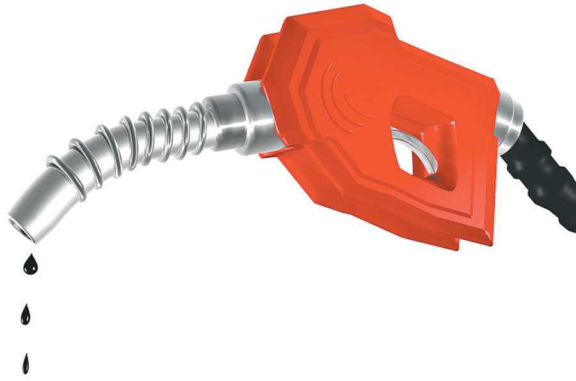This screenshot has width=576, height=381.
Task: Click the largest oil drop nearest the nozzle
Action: coord(29,265)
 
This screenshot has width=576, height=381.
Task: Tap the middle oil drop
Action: coord(26,315)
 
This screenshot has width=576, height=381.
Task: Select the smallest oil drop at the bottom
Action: coord(26,364)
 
